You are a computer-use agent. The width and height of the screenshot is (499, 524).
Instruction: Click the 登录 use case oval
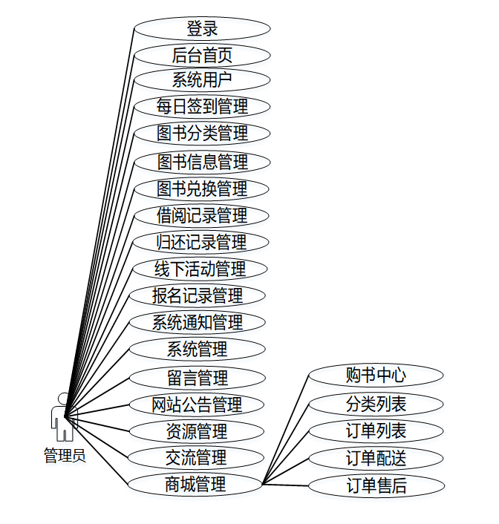pos(202,29)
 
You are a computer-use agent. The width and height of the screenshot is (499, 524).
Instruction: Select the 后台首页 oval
pos(202,55)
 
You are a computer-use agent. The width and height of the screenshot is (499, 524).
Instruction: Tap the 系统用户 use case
pos(202,80)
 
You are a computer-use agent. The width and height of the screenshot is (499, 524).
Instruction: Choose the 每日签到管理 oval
pos(202,106)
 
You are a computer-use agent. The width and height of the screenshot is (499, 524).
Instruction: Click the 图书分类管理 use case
pos(202,134)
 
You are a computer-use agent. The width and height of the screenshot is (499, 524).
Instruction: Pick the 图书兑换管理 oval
pos(202,189)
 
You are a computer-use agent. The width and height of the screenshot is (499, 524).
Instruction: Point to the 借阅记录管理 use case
pos(202,216)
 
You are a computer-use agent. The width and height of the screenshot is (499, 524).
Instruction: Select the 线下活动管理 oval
pos(200,269)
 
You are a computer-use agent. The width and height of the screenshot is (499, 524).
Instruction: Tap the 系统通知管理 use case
pos(198,323)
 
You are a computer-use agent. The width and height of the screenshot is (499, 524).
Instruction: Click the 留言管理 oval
pos(198,378)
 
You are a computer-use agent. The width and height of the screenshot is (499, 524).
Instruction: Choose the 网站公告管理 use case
pos(197,405)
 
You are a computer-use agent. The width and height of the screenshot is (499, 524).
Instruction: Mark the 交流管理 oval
pos(197,458)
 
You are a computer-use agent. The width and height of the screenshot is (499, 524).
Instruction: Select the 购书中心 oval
pos(376,376)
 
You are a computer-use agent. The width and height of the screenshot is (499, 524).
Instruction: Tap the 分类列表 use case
pos(376,405)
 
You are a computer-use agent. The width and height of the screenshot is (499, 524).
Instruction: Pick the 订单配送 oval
pos(376,458)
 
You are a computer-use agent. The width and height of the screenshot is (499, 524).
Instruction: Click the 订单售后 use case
pos(376,486)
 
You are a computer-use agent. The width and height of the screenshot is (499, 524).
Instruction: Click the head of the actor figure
pos(64,398)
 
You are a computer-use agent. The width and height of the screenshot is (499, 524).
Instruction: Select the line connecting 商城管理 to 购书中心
pos(286,430)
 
